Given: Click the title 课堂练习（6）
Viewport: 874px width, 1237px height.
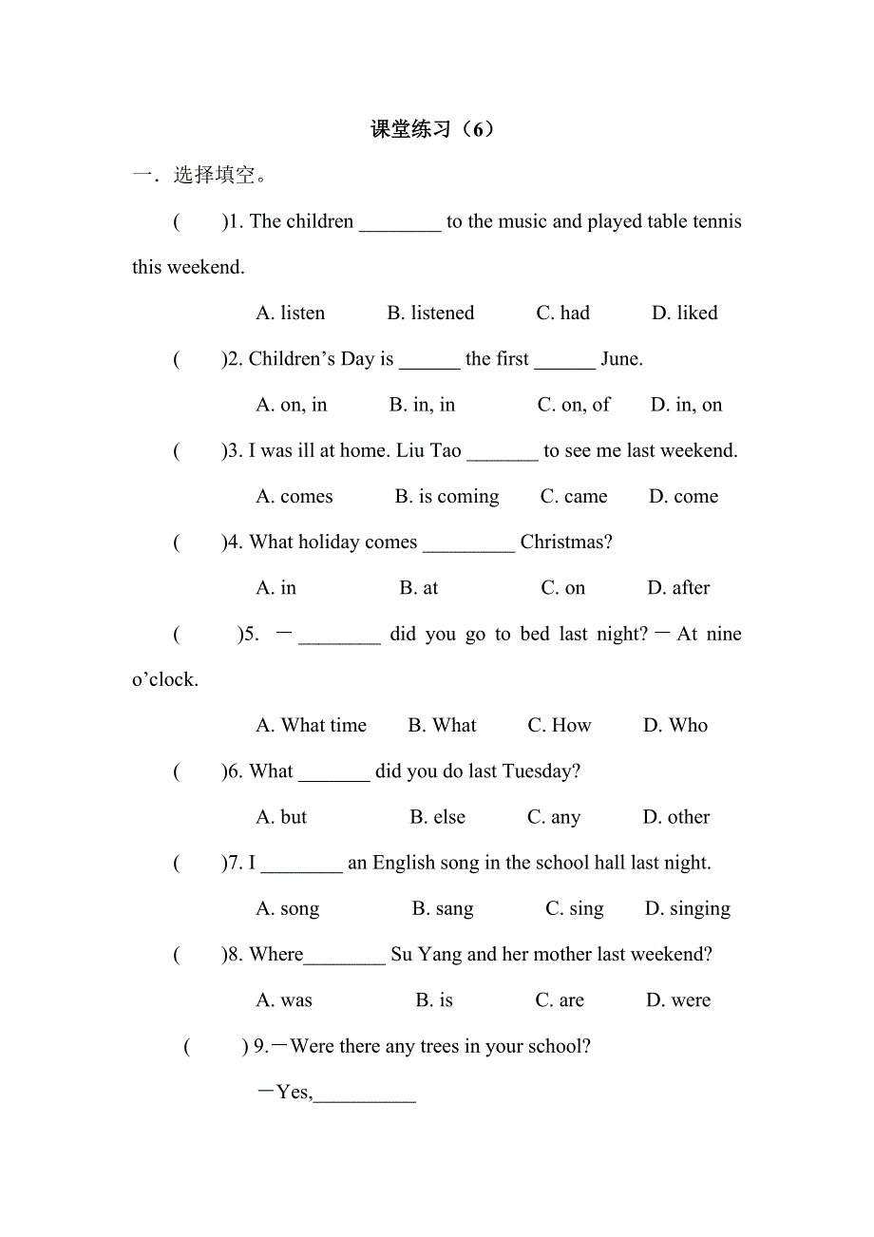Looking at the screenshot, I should [x=432, y=129].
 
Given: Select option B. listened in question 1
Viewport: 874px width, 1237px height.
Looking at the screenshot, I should [x=430, y=314].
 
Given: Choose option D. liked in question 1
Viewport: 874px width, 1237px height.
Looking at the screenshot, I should [x=684, y=314].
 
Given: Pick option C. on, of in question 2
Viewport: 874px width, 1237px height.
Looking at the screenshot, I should [x=574, y=405].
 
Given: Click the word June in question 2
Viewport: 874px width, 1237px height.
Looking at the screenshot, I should [x=621, y=359].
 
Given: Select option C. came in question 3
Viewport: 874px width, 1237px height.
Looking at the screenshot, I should [x=574, y=497].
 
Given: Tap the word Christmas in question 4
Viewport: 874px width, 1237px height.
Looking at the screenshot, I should [x=566, y=542].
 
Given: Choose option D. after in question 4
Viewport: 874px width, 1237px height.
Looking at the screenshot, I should [x=678, y=588].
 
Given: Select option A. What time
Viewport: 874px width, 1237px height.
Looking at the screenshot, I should [x=311, y=726].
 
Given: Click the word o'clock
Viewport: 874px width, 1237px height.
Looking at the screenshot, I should [x=165, y=680].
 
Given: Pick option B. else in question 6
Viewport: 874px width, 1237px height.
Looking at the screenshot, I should [x=438, y=817].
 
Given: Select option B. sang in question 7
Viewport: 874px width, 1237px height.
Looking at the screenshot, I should [x=443, y=909].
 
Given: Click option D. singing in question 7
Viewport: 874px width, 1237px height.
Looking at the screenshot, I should [x=688, y=909].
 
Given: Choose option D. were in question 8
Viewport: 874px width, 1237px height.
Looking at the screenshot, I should [x=678, y=1000].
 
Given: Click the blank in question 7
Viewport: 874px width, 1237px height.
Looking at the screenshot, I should [x=301, y=865].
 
